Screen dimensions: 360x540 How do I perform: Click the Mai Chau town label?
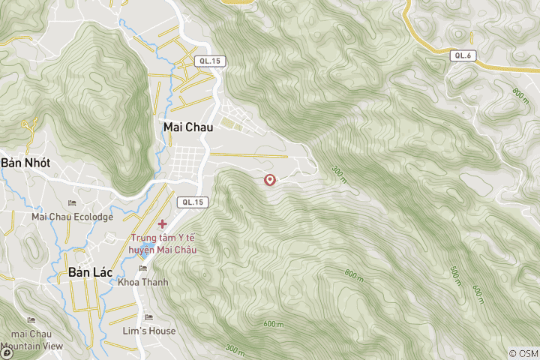[187, 127]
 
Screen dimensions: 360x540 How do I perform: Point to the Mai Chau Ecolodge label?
[72, 217]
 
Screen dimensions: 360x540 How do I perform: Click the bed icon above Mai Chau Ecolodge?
[72, 203]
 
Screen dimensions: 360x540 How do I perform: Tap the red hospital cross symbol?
[163, 223]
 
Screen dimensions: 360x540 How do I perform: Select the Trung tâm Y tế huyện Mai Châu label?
[163, 244]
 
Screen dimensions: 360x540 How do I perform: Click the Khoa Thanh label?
[143, 282]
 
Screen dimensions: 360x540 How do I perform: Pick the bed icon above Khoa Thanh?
[143, 268]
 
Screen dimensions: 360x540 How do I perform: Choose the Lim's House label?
[149, 331]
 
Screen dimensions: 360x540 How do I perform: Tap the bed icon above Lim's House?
[148, 317]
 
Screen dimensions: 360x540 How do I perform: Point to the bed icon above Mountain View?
[31, 320]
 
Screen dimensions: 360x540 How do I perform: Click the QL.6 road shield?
[462, 55]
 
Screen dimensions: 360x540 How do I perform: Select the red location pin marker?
[270, 180]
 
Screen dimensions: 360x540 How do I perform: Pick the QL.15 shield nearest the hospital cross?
[192, 202]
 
